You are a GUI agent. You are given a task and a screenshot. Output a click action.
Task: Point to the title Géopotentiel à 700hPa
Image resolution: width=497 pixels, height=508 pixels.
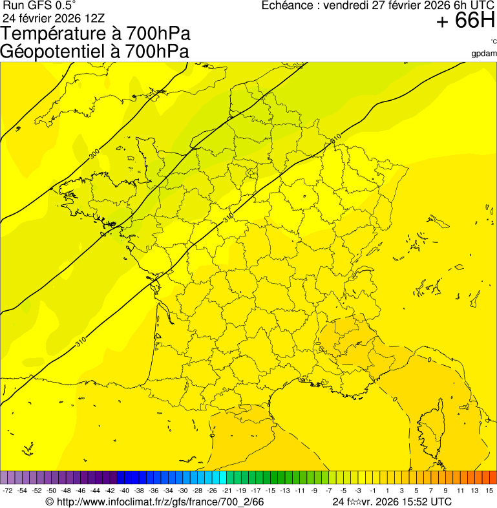[x=95, y=51]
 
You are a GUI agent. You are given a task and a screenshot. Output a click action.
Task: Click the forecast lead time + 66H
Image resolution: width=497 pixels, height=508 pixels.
[x=465, y=21]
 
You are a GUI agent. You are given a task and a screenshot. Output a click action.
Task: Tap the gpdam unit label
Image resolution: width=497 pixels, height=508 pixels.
[x=484, y=53]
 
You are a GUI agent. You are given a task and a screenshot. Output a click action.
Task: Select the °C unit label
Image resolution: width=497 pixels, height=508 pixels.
[x=492, y=42]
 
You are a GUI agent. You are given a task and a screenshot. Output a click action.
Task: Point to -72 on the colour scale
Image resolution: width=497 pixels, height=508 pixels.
[x=8, y=491]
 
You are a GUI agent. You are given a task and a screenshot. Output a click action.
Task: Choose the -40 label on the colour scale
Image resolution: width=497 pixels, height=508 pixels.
[x=124, y=491]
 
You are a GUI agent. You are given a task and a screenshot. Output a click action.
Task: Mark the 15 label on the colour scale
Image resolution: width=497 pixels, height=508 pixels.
[x=490, y=491]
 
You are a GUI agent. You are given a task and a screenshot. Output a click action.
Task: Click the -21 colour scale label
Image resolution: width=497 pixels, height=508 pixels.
[x=227, y=491]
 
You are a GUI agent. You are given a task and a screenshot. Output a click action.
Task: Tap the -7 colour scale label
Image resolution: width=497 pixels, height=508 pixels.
[x=328, y=491]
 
